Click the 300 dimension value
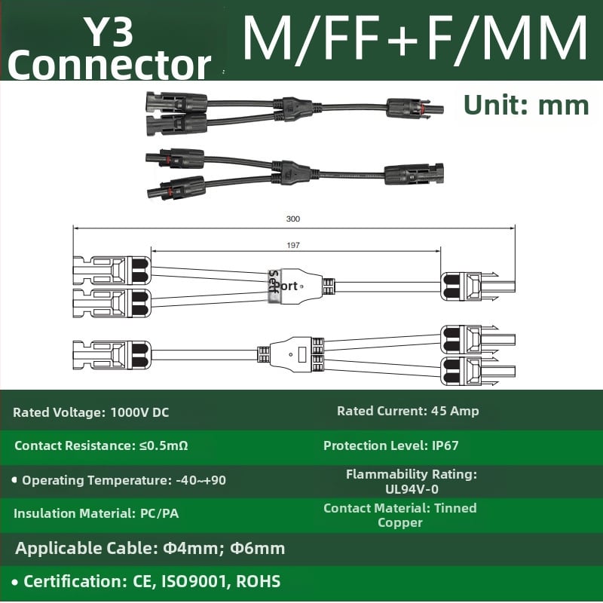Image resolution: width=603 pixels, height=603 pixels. coord(292,219)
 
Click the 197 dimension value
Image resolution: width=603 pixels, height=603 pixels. coord(292,245)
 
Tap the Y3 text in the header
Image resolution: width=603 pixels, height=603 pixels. coord(109,32)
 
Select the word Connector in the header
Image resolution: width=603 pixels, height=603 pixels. coord(109,66)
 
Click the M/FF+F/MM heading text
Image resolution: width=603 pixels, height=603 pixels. coord(415,38)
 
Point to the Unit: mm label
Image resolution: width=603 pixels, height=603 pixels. coord(526,105)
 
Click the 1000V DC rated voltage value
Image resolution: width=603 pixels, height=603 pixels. coord(139,412)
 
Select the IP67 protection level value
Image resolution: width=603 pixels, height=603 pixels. coord(445,445)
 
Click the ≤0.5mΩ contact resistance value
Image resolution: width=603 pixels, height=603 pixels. coord(164,445)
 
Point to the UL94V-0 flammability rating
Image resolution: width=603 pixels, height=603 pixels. coord(412,489)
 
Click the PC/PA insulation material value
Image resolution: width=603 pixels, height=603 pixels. coord(160,513)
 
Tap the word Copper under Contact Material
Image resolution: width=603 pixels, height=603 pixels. coord(400,523)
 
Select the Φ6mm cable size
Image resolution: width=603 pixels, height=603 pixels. coord(257,548)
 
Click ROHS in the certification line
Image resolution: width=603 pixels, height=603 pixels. coord(259,581)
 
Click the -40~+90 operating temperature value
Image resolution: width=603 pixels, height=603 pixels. coord(200,480)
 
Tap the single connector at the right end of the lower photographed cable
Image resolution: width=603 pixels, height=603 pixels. coord(414,174)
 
